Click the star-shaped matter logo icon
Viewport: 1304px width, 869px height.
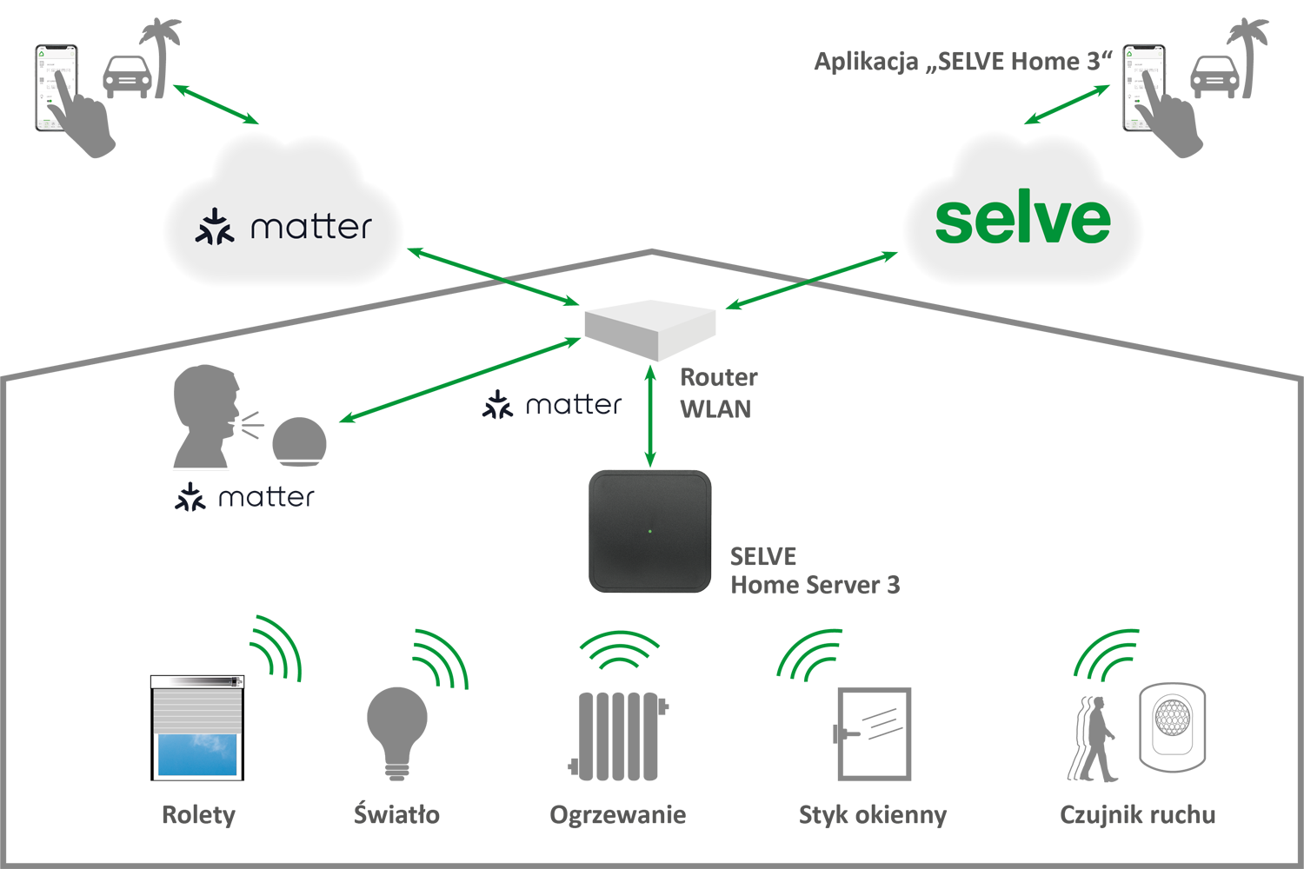coord(214,226)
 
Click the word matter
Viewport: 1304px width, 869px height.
coord(310,227)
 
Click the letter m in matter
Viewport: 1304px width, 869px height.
coord(267,229)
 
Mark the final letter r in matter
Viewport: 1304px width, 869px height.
coord(365,229)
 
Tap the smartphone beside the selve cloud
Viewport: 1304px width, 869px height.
coord(1143,88)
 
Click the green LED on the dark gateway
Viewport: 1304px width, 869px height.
coord(649,531)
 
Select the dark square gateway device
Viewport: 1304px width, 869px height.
coord(651,531)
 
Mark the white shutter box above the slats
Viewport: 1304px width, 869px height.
coord(197,682)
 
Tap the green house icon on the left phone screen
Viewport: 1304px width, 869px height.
coord(42,54)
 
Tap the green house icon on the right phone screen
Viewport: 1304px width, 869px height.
coord(1129,54)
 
